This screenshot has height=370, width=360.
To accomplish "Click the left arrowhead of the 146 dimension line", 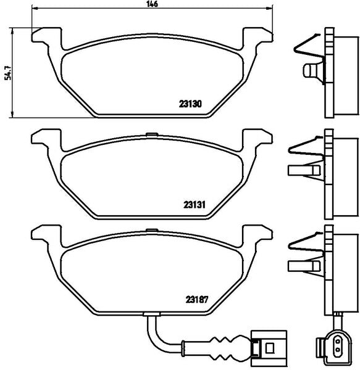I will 34,9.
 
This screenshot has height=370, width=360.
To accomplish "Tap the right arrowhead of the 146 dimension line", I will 270,9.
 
